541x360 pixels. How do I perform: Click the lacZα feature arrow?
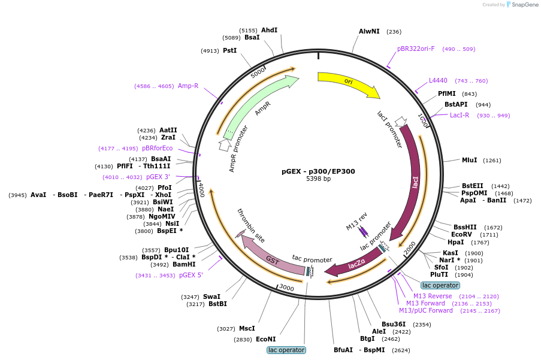pyautogui.click(x=355, y=264)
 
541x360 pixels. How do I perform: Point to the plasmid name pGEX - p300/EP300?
pyautogui.click(x=318, y=171)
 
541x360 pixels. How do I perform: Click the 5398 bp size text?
pyautogui.click(x=318, y=179)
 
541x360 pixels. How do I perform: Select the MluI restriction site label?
pyautogui.click(x=469, y=160)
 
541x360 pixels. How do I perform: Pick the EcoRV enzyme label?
pyautogui.click(x=461, y=234)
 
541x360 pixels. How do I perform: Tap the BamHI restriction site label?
pyautogui.click(x=184, y=265)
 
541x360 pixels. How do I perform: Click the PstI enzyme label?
pyautogui.click(x=230, y=50)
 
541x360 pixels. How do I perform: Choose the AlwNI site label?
pyautogui.click(x=369, y=31)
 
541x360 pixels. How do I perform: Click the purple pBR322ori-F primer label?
pyautogui.click(x=416, y=49)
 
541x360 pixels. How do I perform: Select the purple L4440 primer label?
pyautogui.click(x=438, y=80)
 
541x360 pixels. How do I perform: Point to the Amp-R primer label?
pyautogui.click(x=188, y=86)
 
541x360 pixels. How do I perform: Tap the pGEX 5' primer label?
pyautogui.click(x=191, y=275)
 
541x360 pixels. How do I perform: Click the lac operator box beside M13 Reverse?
pyautogui.click(x=440, y=285)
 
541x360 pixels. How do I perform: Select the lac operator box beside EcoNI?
pyautogui.click(x=286, y=350)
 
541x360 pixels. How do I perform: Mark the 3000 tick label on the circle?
pyautogui.click(x=286, y=288)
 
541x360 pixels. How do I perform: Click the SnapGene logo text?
pyautogui.click(x=524, y=4)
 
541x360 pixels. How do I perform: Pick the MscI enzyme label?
pyautogui.click(x=247, y=328)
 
